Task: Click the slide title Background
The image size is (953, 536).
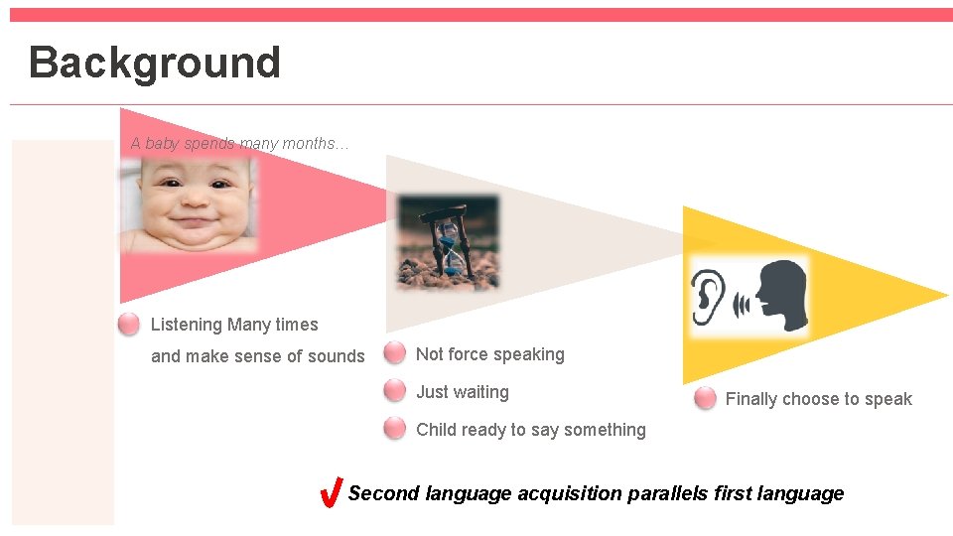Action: point(155,62)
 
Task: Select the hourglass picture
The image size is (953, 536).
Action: point(448,241)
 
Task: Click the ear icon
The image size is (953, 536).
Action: point(707,295)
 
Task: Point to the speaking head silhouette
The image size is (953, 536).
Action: point(781,295)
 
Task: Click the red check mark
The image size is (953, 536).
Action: point(333,492)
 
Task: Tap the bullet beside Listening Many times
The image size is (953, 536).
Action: point(128,325)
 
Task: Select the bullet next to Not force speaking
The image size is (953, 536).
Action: point(395,353)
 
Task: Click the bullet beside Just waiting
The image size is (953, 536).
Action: point(395,391)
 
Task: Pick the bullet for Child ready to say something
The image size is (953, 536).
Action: point(395,429)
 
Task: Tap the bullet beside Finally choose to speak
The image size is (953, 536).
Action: point(705,398)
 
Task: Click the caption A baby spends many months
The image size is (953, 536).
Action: point(239,143)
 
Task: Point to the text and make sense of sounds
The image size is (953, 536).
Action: point(257,356)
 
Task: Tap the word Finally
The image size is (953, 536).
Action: point(750,399)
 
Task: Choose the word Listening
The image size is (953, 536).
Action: point(187,325)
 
